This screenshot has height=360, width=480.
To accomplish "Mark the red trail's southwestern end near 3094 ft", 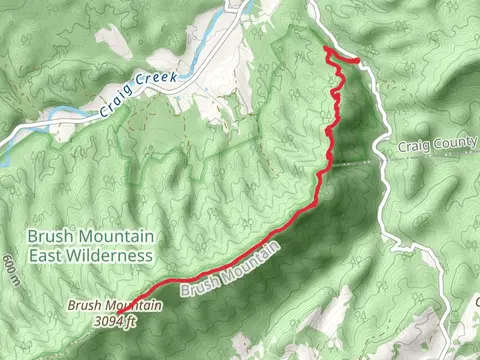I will coord(134,300).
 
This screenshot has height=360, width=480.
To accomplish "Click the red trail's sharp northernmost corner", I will coord(326,48).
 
